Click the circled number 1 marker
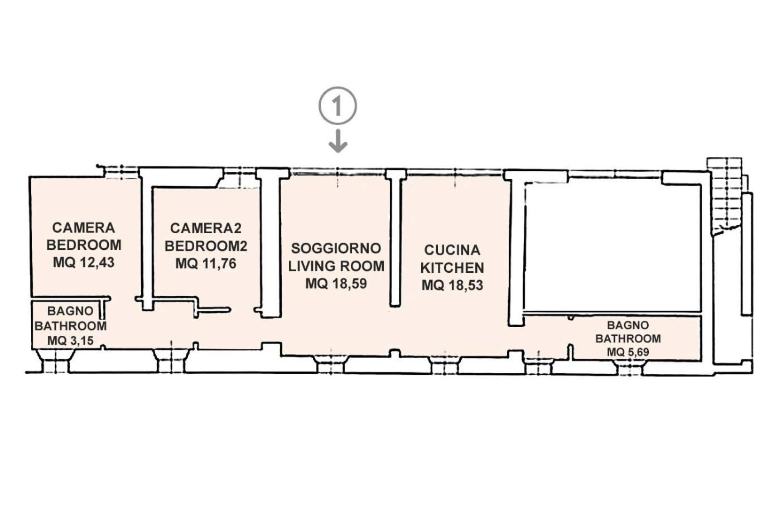[x=338, y=105]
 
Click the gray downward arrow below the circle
[x=338, y=141]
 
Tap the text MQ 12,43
[x=84, y=262]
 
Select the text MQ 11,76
[x=206, y=263]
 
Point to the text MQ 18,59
[x=336, y=283]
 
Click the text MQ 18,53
[x=452, y=285]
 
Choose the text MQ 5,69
[x=628, y=352]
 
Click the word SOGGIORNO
[x=336, y=248]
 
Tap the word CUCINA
[x=452, y=250]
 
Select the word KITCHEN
[x=452, y=267]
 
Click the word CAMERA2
[x=206, y=228]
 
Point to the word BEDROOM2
[x=206, y=246]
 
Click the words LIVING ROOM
[x=336, y=266]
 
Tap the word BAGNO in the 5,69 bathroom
[x=628, y=325]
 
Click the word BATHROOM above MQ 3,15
[x=70, y=326]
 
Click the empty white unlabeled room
[x=613, y=247]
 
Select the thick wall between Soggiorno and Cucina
[x=395, y=238]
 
